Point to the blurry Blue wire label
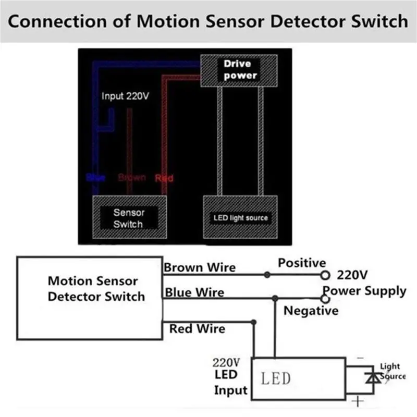click(96, 178)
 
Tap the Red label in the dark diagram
click(164, 178)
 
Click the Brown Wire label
click(200, 268)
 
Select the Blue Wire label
click(195, 292)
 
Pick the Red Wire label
click(197, 329)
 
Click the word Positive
click(302, 263)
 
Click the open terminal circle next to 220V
click(325, 274)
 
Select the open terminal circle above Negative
click(326, 299)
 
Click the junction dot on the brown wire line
click(267, 274)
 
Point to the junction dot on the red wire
click(253, 322)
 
